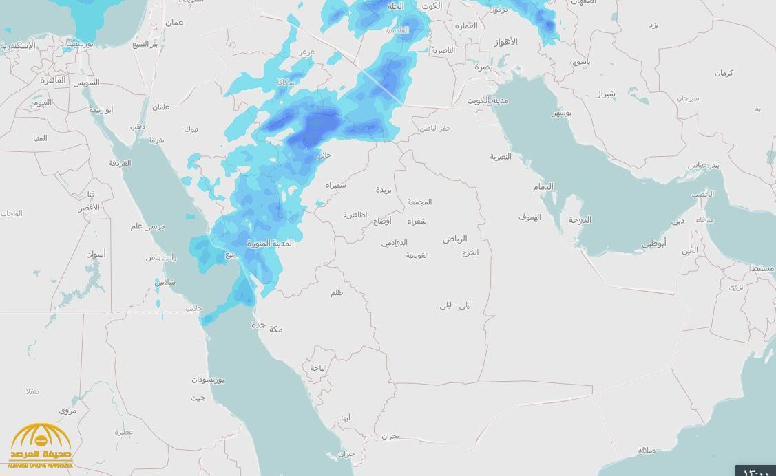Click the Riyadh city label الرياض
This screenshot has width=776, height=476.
454,239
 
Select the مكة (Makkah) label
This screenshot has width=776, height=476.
275,329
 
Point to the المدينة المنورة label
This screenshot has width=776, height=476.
271,244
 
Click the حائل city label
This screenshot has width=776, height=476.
324,155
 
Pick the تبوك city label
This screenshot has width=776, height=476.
191,129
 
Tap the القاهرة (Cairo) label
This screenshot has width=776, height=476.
52,80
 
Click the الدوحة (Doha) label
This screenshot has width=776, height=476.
580,220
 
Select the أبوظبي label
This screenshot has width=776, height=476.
654,244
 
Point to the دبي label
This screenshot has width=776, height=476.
678,221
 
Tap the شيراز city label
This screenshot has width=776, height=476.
605,93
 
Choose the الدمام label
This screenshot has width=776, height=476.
543,187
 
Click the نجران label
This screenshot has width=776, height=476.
390,436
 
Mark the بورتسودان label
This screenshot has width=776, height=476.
208,380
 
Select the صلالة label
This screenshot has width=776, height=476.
647,451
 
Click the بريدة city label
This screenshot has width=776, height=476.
384,190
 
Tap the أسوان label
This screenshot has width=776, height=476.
96,254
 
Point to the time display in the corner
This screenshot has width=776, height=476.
755,471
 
